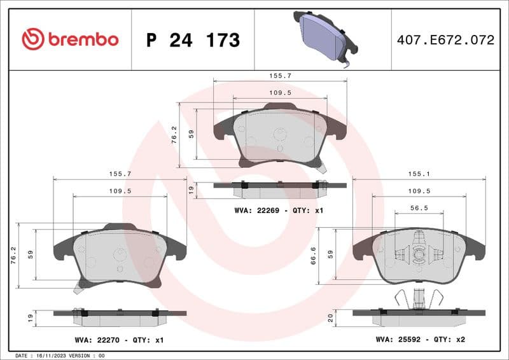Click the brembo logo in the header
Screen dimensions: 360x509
tap(70, 39)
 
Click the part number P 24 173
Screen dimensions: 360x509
tap(193, 40)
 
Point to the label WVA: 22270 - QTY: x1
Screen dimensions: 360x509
tap(119, 340)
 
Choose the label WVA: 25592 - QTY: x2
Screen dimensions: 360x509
tap(421, 340)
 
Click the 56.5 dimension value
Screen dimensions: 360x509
tap(418, 207)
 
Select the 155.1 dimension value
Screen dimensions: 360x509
tap(418, 172)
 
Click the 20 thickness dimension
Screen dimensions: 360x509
tap(331, 317)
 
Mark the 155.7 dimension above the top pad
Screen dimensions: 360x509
tap(280, 75)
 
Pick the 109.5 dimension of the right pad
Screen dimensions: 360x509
tap(419, 190)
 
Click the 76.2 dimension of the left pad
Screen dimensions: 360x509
tap(13, 253)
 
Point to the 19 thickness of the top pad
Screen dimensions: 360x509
tap(190, 189)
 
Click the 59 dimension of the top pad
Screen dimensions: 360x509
tap(190, 134)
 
